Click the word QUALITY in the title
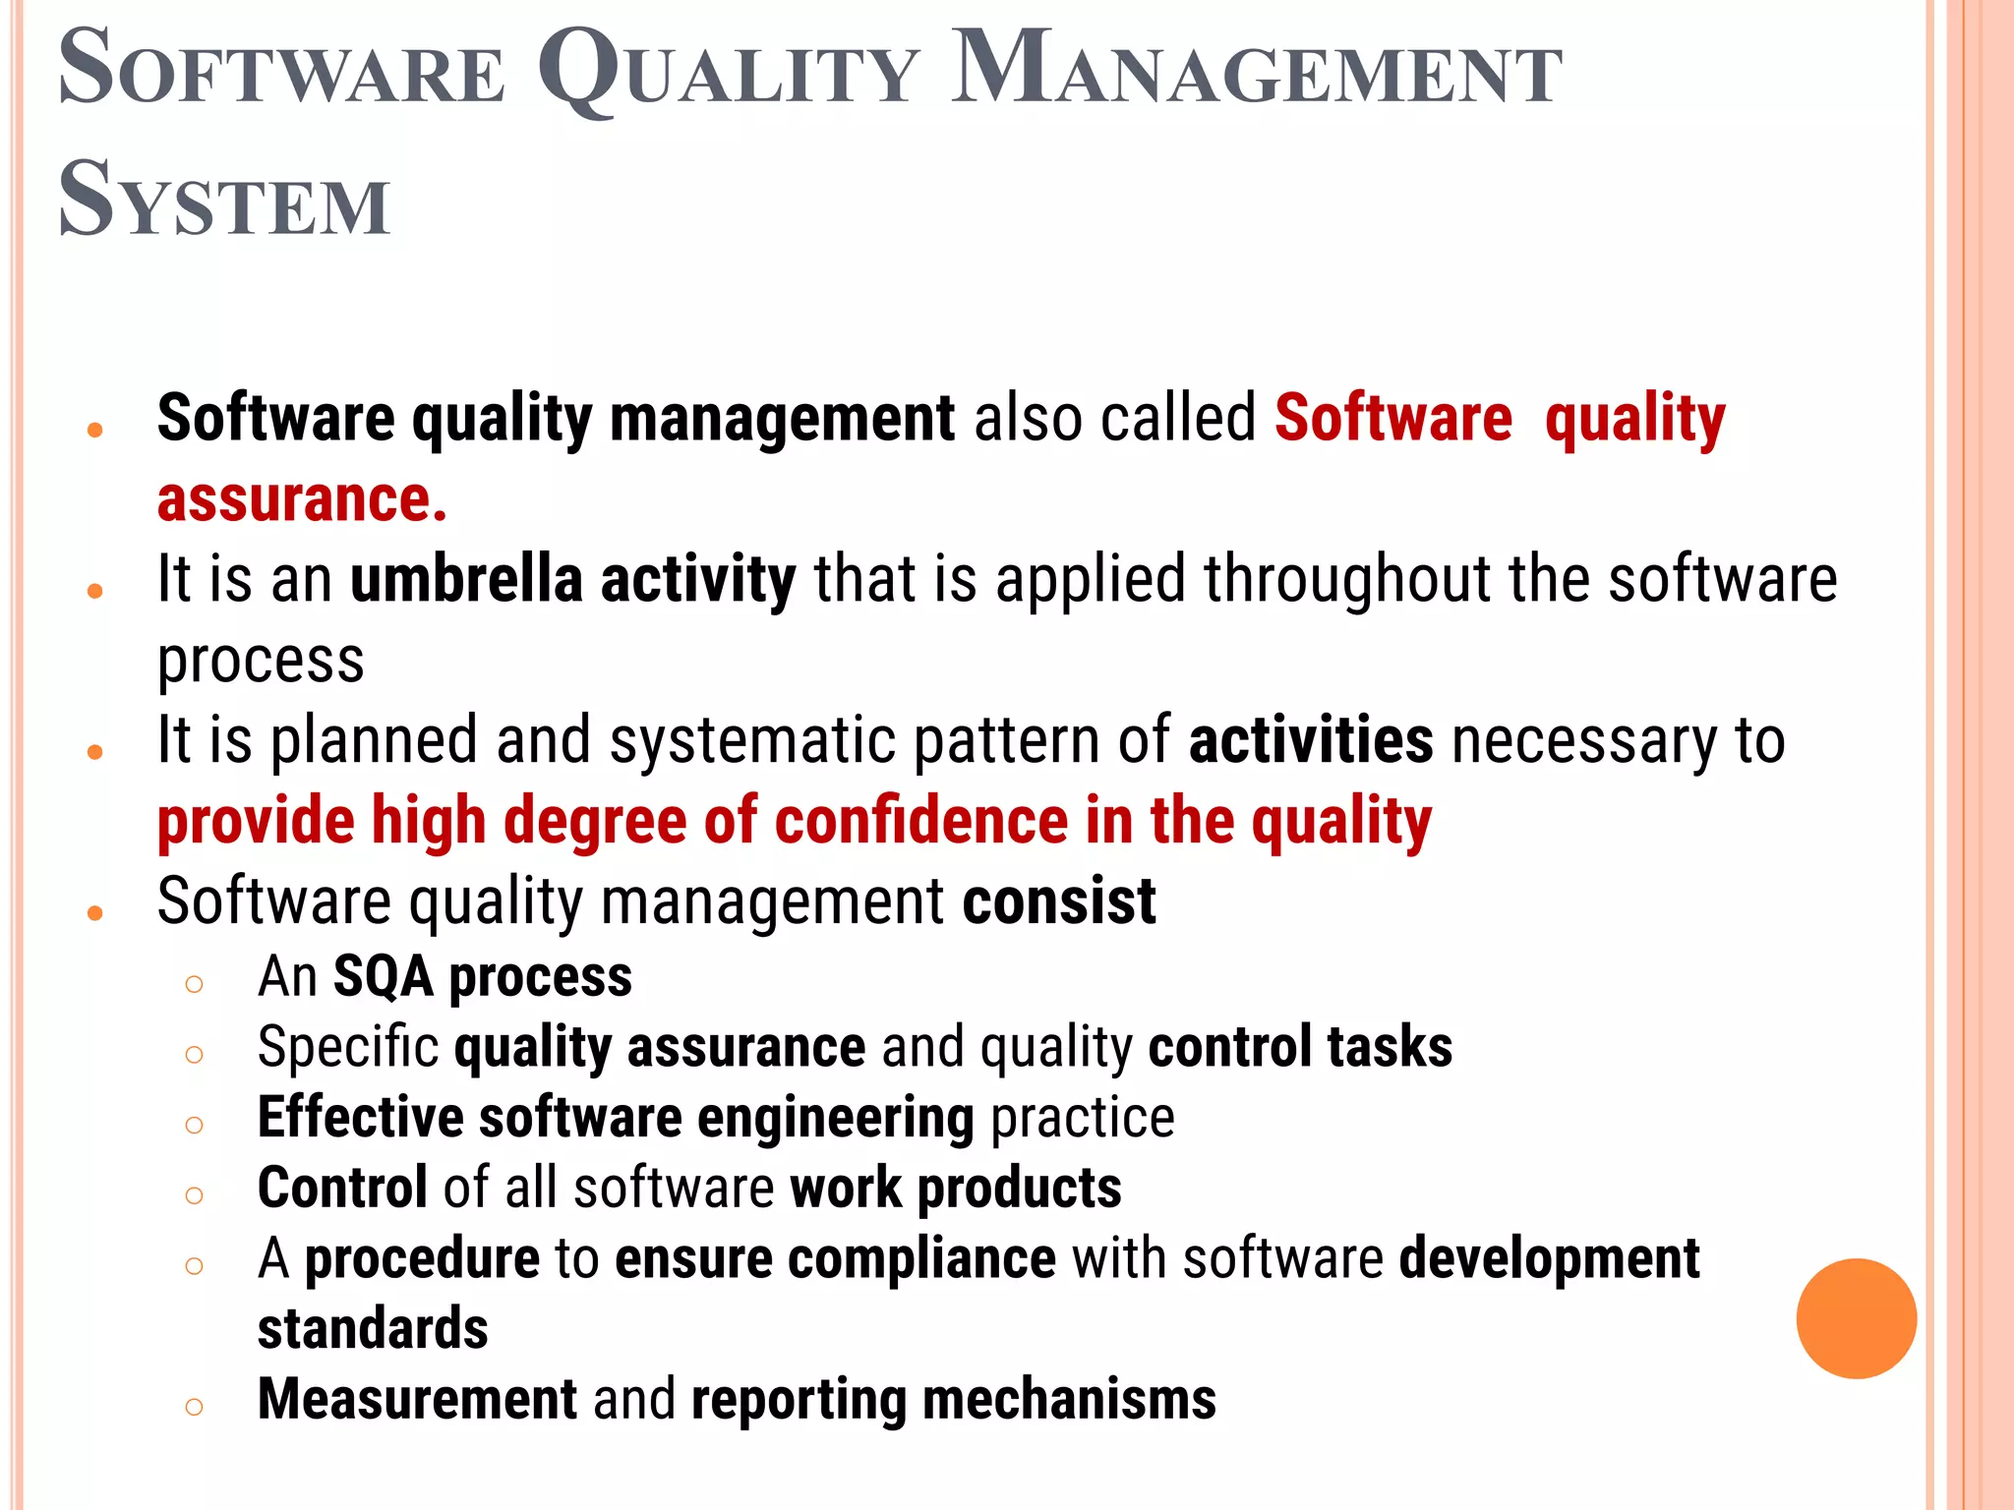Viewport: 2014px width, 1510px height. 728,71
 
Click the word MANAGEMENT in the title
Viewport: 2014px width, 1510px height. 1256,71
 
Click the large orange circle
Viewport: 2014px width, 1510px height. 1856,1318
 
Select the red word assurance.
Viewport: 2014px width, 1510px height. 302,499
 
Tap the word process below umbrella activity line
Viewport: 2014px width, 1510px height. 261,662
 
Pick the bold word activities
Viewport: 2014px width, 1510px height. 1311,740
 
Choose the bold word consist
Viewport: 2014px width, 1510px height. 1058,901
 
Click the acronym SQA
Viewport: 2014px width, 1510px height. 384,977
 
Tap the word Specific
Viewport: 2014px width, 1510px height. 347,1048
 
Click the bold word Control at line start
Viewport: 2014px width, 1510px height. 342,1188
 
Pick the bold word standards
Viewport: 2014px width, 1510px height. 373,1329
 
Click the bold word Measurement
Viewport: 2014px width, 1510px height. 417,1400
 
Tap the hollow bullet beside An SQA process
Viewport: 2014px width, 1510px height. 194,984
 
